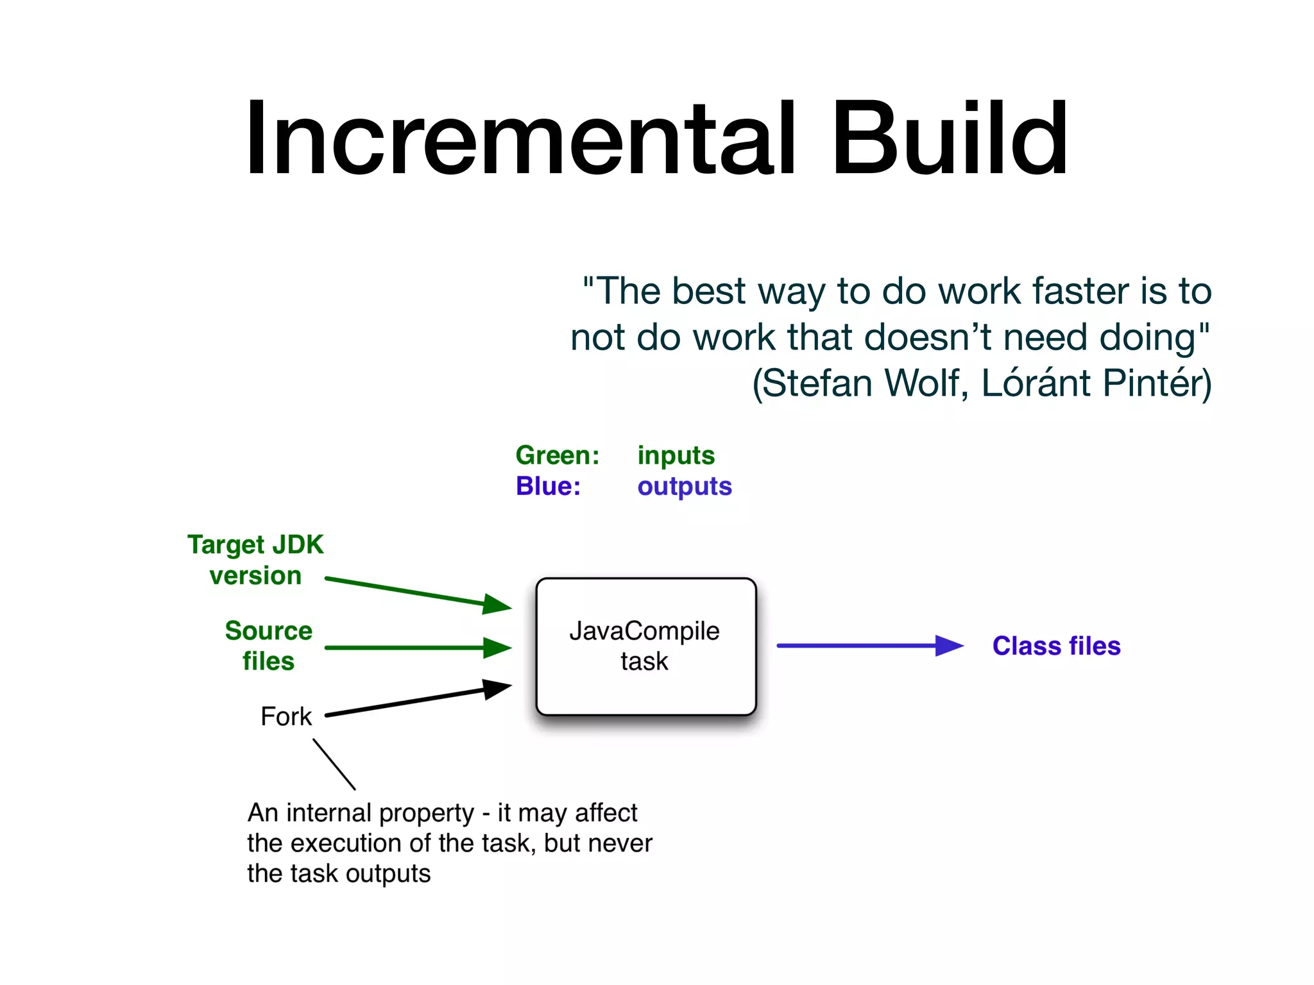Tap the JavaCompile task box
[645, 646]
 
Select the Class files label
[1056, 646]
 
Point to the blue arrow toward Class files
[866, 646]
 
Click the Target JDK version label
[255, 560]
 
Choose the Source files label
[268, 646]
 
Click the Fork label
[286, 716]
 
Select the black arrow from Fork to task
[417, 701]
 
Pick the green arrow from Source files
[417, 648]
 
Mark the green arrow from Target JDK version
[417, 593]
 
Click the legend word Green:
[557, 455]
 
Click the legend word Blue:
[548, 486]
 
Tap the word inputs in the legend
[676, 455]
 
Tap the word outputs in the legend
[684, 486]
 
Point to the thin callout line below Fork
[334, 764]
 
